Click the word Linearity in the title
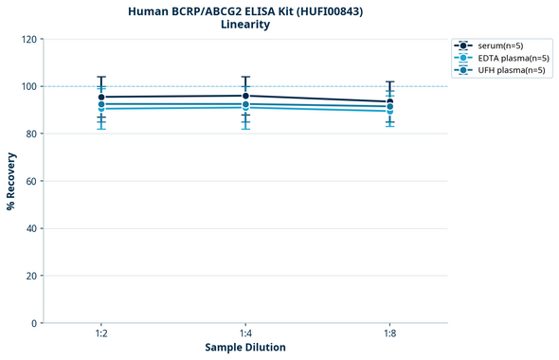[244, 25]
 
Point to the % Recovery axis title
[11, 181]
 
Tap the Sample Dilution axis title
[244, 348]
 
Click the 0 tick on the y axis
[34, 323]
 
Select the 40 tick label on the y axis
[31, 228]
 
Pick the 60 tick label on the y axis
[31, 181]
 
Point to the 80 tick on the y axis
[31, 134]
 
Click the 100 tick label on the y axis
[28, 86]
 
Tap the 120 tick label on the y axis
[28, 39]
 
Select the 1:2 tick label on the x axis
[100, 334]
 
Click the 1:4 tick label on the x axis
[245, 334]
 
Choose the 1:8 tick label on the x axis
[389, 334]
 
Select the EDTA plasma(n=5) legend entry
[513, 58]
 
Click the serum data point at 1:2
[101, 97]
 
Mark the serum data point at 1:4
[245, 96]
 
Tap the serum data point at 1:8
[389, 101]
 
